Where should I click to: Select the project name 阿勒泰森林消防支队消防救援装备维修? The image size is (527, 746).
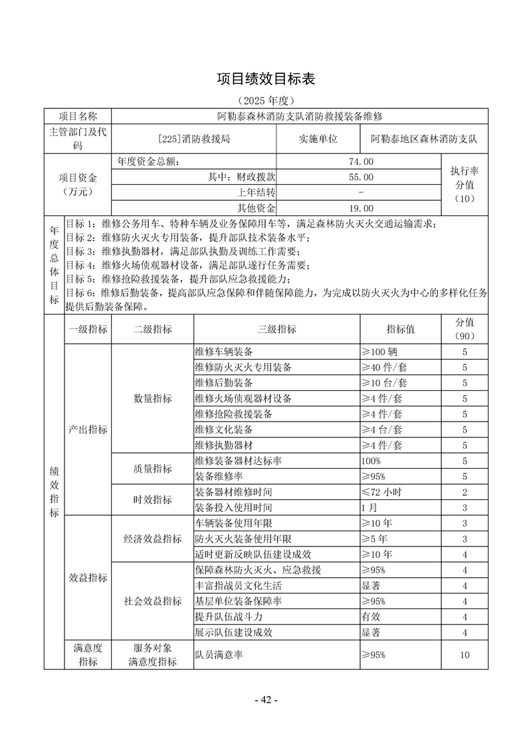300,116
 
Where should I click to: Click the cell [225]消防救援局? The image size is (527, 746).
195,140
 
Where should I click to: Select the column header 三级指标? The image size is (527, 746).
276,329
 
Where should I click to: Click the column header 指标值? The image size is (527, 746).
401,329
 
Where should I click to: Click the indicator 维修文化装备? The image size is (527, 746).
224,430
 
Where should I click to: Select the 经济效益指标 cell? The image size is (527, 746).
153,539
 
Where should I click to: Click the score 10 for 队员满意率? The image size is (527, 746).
465,655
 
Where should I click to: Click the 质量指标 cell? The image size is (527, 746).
153,469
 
